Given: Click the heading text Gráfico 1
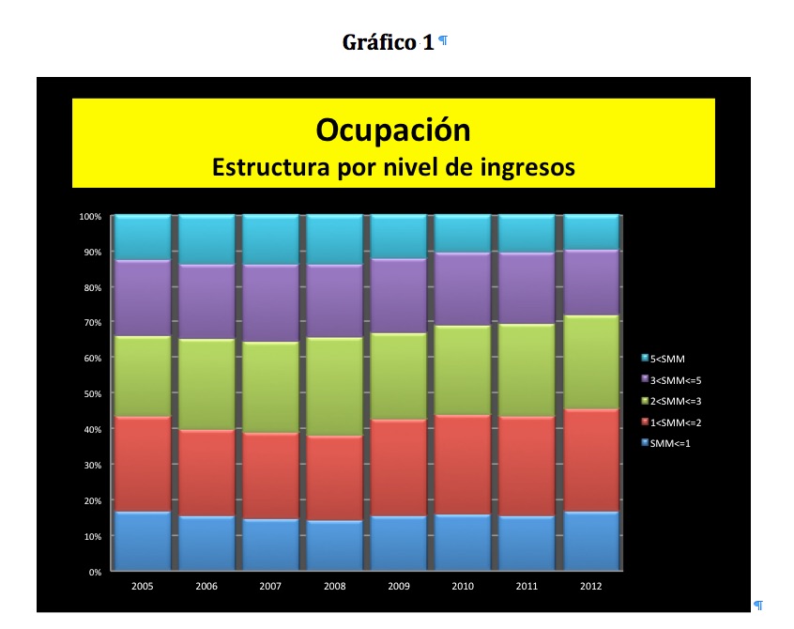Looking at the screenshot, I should (388, 42).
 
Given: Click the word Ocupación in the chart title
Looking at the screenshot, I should (392, 129).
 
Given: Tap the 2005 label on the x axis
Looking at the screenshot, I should (143, 586).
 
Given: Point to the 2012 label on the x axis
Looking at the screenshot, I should (590, 586).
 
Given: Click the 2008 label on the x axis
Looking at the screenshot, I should (335, 586).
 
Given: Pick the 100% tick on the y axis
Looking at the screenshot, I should (89, 217).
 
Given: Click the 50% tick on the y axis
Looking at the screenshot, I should (91, 394).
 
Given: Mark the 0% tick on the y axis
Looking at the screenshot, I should (94, 572).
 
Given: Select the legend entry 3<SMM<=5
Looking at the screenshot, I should (676, 379).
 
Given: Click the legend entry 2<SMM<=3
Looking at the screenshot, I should (676, 401).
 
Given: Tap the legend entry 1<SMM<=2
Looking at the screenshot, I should (676, 422).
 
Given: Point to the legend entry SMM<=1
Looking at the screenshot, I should (669, 443).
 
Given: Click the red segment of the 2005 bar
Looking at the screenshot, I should (143, 464).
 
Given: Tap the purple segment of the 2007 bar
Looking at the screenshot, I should (271, 303).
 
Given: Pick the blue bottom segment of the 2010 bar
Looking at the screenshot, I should (463, 542).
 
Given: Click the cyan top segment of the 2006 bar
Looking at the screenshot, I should (206, 239).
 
